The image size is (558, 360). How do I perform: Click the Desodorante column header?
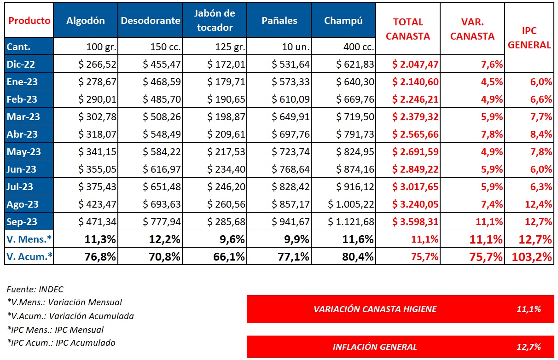pyautogui.click(x=150, y=21)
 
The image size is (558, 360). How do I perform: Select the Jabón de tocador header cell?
pyautogui.click(x=215, y=20)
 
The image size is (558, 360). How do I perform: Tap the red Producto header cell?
pyautogui.click(x=29, y=21)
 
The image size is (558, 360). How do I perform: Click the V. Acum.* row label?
pyautogui.click(x=29, y=257)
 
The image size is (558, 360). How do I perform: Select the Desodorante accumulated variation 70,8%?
pyautogui.click(x=163, y=257)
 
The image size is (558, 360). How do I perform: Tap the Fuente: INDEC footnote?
pyautogui.click(x=35, y=290)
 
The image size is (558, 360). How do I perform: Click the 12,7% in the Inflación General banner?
pyautogui.click(x=529, y=347)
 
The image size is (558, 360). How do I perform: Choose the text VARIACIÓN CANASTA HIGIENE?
pyautogui.click(x=375, y=309)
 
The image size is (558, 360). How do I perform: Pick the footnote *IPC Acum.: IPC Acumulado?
pyautogui.click(x=61, y=343)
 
